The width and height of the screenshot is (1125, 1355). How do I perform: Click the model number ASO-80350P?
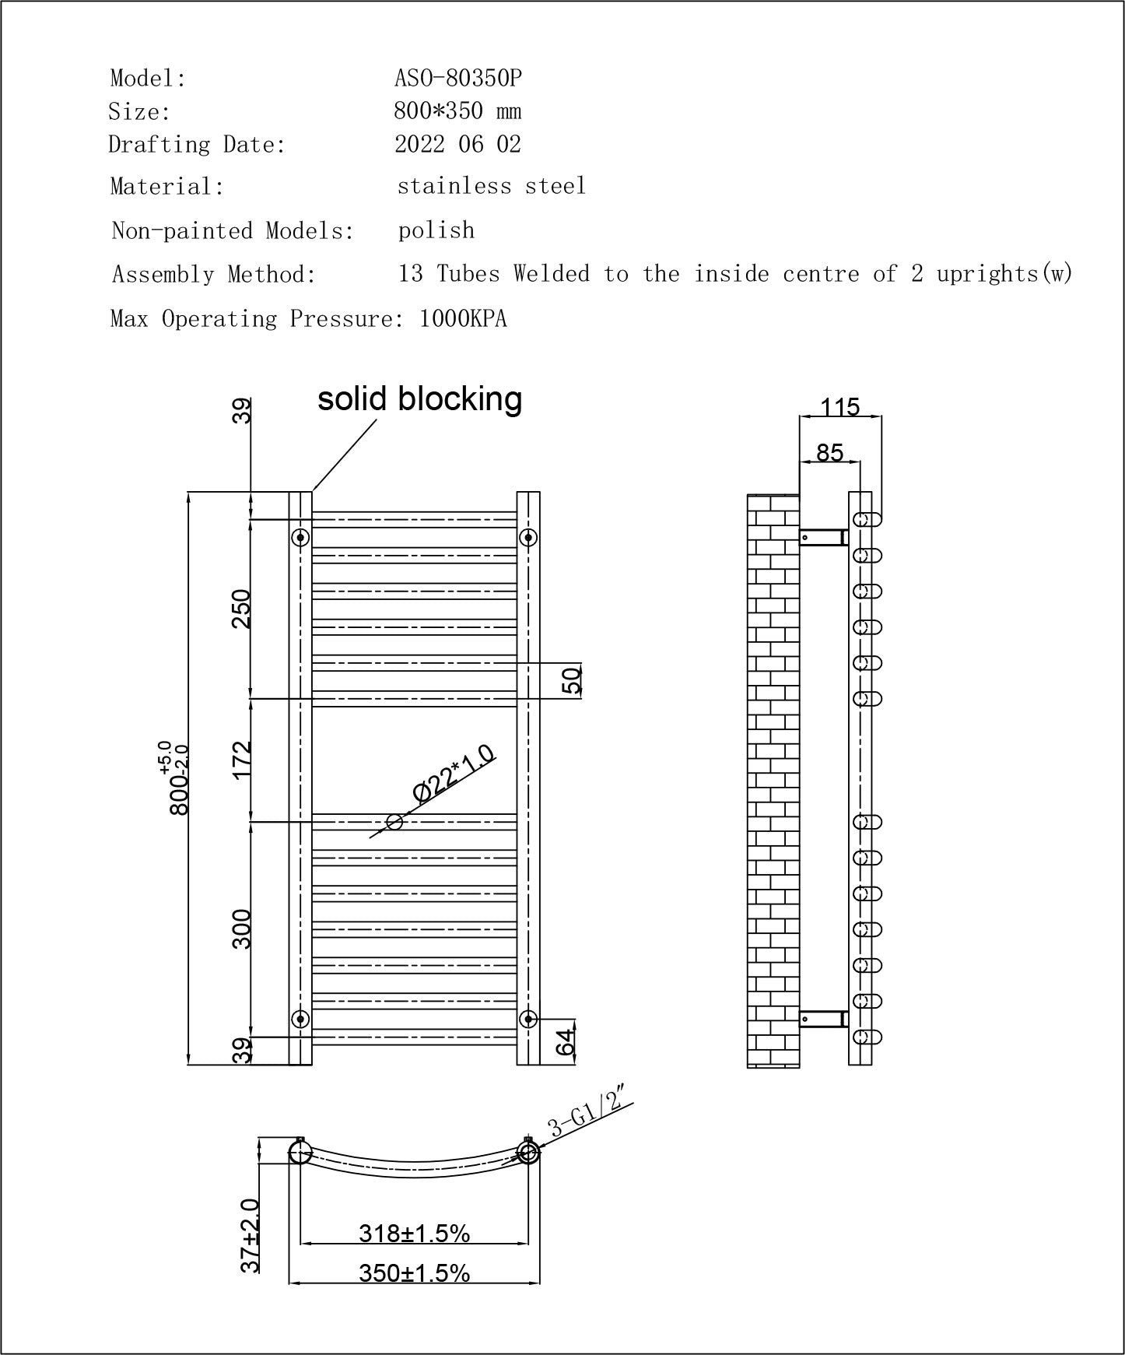click(457, 78)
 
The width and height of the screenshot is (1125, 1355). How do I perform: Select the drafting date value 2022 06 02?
click(457, 145)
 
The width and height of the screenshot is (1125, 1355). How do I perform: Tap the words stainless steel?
click(491, 186)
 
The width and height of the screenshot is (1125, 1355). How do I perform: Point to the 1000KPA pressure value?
click(463, 319)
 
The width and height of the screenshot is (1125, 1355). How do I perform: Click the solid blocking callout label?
click(419, 398)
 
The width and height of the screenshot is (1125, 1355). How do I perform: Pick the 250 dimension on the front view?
click(242, 609)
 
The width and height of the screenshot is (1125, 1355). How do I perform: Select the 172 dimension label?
click(242, 759)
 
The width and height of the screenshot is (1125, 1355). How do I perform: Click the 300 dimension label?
click(242, 928)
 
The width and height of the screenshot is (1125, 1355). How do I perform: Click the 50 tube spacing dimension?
click(572, 680)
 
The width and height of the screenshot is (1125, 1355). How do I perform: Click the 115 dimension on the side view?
click(840, 407)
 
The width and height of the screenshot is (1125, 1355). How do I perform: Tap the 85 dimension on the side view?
click(830, 452)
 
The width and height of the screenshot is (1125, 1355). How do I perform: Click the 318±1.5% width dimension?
click(414, 1233)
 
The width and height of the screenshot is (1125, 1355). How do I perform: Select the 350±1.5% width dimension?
click(414, 1273)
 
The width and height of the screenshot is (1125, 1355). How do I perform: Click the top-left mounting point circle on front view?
click(300, 537)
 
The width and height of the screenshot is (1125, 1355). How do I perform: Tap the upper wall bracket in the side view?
click(823, 536)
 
